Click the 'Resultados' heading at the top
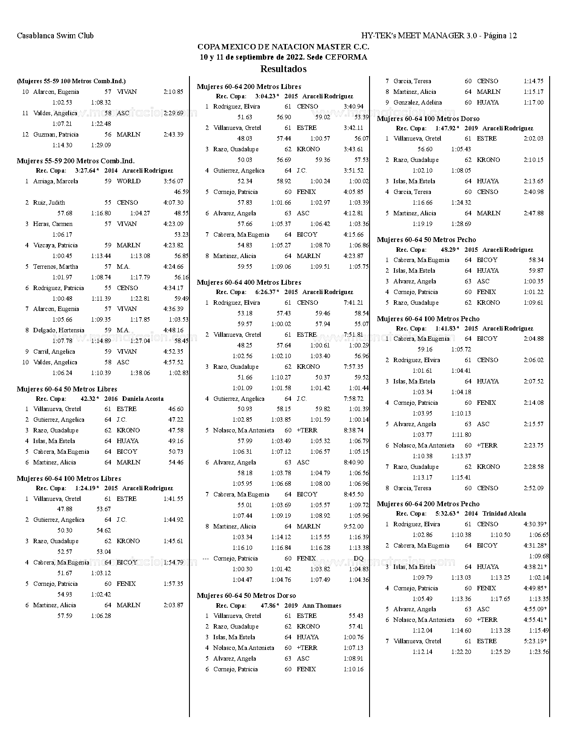(x=283, y=69)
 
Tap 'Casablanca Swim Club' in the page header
(x=55, y=36)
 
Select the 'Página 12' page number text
(x=500, y=36)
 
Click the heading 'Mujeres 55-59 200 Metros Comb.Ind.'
(x=76, y=161)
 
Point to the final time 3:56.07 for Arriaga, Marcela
(x=173, y=181)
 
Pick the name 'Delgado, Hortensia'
(x=59, y=331)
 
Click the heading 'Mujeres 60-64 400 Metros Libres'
(x=249, y=282)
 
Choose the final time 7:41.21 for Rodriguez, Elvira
(x=354, y=303)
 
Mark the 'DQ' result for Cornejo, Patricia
(x=358, y=559)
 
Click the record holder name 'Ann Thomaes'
(x=322, y=606)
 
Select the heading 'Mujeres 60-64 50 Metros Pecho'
(x=426, y=240)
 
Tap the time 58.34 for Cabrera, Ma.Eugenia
(x=536, y=260)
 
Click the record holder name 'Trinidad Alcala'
(x=504, y=514)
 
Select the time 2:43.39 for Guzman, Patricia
(x=173, y=135)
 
